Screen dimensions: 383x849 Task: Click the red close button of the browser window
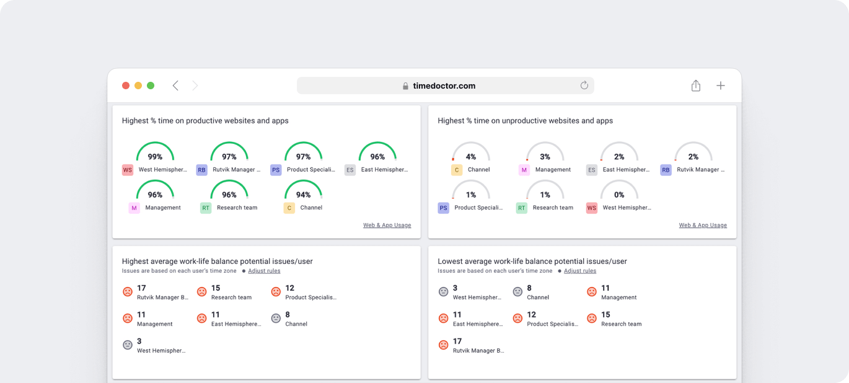(x=126, y=86)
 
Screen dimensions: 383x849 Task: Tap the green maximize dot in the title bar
(x=151, y=86)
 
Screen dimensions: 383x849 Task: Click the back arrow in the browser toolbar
(x=175, y=86)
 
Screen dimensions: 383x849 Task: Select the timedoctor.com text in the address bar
(x=444, y=86)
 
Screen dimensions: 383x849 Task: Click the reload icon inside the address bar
(x=584, y=86)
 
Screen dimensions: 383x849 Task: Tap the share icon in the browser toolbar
(x=696, y=86)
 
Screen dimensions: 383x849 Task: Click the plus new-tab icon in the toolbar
(x=721, y=86)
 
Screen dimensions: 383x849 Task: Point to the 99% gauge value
(x=155, y=157)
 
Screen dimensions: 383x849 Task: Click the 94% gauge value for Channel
(x=304, y=195)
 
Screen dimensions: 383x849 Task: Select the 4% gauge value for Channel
(x=471, y=157)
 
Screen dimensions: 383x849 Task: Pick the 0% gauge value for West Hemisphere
(x=619, y=195)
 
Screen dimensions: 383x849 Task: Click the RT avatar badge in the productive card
(x=206, y=208)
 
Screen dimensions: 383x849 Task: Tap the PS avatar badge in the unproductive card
(x=443, y=208)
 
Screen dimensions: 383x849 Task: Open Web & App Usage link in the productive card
(x=387, y=225)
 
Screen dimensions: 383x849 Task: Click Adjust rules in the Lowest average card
(x=580, y=271)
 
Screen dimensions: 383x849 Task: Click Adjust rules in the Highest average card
(x=264, y=271)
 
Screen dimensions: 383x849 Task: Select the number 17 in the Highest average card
(x=142, y=288)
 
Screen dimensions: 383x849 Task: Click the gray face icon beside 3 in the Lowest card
(x=443, y=292)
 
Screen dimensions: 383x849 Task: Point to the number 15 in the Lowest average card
(x=605, y=315)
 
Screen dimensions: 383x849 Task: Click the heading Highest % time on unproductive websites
(x=525, y=121)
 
